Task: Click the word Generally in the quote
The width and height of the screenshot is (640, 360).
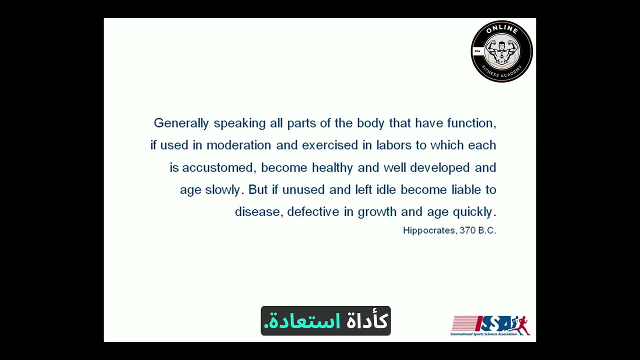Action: [181, 123]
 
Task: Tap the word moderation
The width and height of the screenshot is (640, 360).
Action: [238, 145]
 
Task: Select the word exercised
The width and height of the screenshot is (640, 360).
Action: [330, 145]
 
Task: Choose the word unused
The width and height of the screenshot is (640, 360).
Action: [303, 190]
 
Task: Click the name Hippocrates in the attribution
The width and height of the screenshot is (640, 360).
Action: [429, 230]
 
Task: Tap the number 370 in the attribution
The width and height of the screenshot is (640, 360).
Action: [467, 230]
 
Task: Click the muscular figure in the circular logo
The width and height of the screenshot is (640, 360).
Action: [502, 51]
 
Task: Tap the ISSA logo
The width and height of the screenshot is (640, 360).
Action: [490, 325]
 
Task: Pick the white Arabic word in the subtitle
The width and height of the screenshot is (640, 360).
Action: [367, 321]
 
